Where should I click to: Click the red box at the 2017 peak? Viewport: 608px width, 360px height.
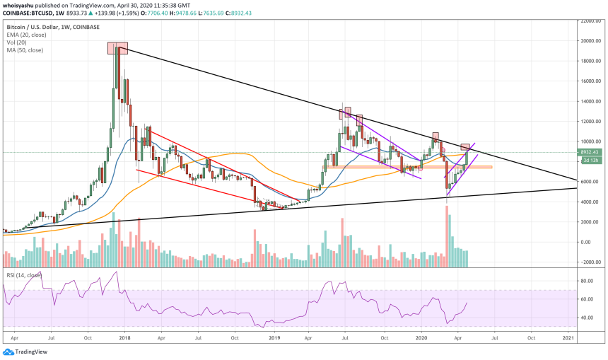(x=117, y=48)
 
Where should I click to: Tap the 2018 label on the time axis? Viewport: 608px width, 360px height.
(x=124, y=339)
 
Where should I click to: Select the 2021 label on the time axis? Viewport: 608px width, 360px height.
(x=568, y=339)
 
